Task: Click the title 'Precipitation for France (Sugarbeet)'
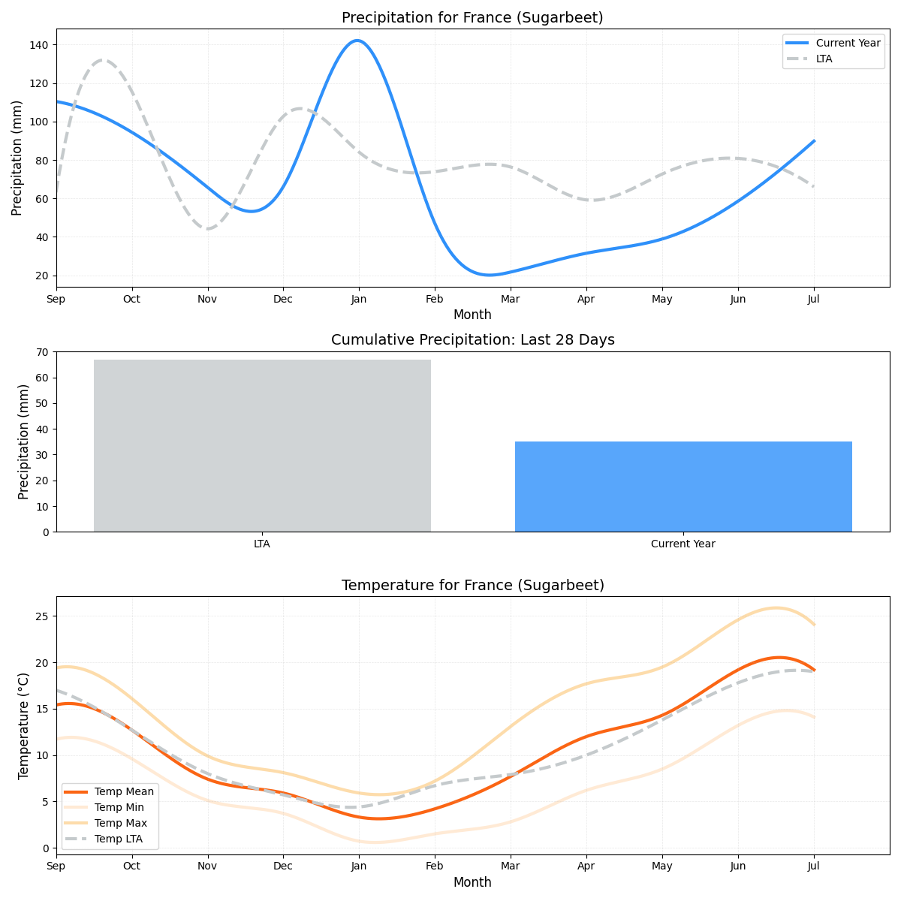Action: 472,17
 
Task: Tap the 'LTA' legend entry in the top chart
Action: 824,59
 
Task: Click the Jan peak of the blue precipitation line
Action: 357,41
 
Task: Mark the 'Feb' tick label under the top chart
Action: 435,300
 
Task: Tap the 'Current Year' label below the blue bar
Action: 683,544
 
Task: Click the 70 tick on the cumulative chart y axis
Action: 42,352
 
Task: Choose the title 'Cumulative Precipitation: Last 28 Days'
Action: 472,340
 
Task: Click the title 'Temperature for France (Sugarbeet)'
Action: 472,585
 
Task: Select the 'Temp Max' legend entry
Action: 120,823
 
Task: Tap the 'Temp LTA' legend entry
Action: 119,839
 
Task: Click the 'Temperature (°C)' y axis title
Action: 23,725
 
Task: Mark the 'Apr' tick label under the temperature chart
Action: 586,866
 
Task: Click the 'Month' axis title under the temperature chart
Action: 472,882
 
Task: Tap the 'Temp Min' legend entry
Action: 119,807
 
